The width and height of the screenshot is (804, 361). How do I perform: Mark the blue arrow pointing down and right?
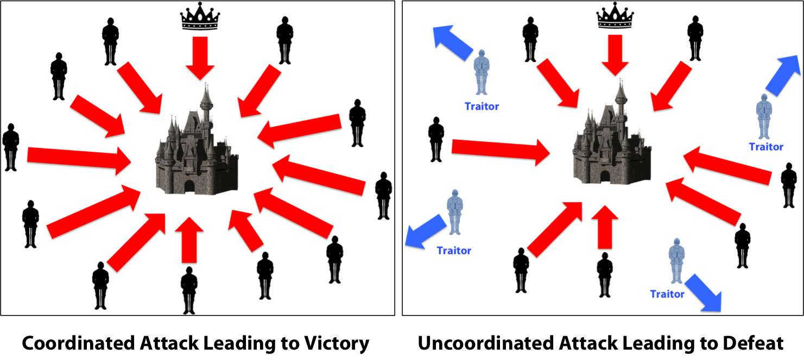point(702,292)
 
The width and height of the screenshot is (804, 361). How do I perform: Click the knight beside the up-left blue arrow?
point(481,73)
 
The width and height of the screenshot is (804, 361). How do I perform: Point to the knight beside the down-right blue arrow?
point(676,261)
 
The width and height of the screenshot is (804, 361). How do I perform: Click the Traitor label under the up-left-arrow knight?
point(481,107)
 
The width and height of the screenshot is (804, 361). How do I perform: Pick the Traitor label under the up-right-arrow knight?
point(766,147)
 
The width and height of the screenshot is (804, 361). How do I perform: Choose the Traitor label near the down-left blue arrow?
point(454,252)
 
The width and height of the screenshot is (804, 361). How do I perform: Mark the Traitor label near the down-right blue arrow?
point(668,294)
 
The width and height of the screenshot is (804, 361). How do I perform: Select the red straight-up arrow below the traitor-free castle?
point(189,238)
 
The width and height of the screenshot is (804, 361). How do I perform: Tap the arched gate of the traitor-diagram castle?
point(605,177)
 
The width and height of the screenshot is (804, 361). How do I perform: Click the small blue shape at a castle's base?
point(160,200)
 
